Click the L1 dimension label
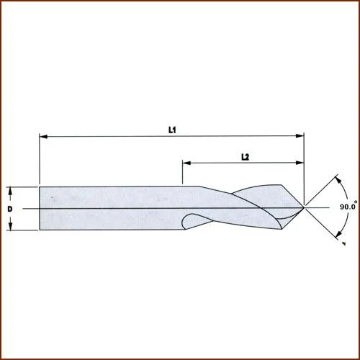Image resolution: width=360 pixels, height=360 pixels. pos(172,130)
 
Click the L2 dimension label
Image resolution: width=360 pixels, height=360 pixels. pos(244,156)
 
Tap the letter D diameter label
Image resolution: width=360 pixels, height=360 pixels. pos(10,209)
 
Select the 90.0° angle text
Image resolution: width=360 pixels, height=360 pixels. pos(349,206)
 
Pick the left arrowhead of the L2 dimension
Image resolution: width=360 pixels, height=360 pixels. pos(186,163)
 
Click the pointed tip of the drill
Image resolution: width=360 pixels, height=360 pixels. pos(304,208)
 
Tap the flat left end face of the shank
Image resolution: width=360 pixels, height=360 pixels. pos(40,209)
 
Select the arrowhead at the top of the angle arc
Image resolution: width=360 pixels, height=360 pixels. pos(336,177)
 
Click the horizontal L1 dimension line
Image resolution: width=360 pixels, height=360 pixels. pos(108,135)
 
